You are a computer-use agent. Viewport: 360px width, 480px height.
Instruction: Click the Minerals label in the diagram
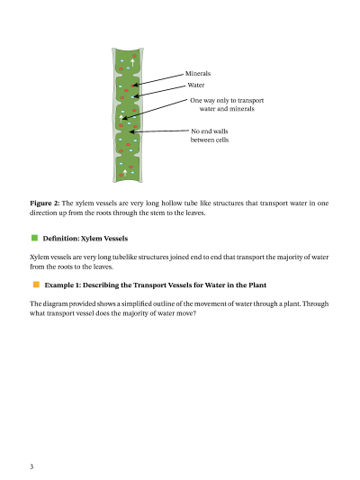click(198, 74)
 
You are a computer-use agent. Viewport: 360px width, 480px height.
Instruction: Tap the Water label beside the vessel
click(196, 85)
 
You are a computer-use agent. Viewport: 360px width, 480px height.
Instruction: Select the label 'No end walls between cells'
click(210, 135)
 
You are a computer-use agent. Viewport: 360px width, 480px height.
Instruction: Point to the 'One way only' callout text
click(227, 104)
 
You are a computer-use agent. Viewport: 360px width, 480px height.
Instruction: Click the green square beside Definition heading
click(34, 238)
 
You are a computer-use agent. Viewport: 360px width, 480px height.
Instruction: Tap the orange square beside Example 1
click(36, 285)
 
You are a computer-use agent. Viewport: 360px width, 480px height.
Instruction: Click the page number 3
click(31, 466)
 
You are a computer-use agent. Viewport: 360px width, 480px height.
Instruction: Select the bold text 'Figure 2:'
click(45, 204)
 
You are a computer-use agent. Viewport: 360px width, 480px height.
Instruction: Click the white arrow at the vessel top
click(132, 62)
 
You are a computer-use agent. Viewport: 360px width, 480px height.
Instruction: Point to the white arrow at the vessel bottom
click(125, 173)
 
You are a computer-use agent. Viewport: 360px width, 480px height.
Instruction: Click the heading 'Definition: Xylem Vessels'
click(85, 239)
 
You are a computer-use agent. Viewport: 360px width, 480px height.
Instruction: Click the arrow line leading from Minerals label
click(157, 79)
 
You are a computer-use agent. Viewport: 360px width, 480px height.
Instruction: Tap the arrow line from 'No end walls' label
click(159, 131)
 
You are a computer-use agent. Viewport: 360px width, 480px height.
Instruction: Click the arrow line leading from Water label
click(159, 91)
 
